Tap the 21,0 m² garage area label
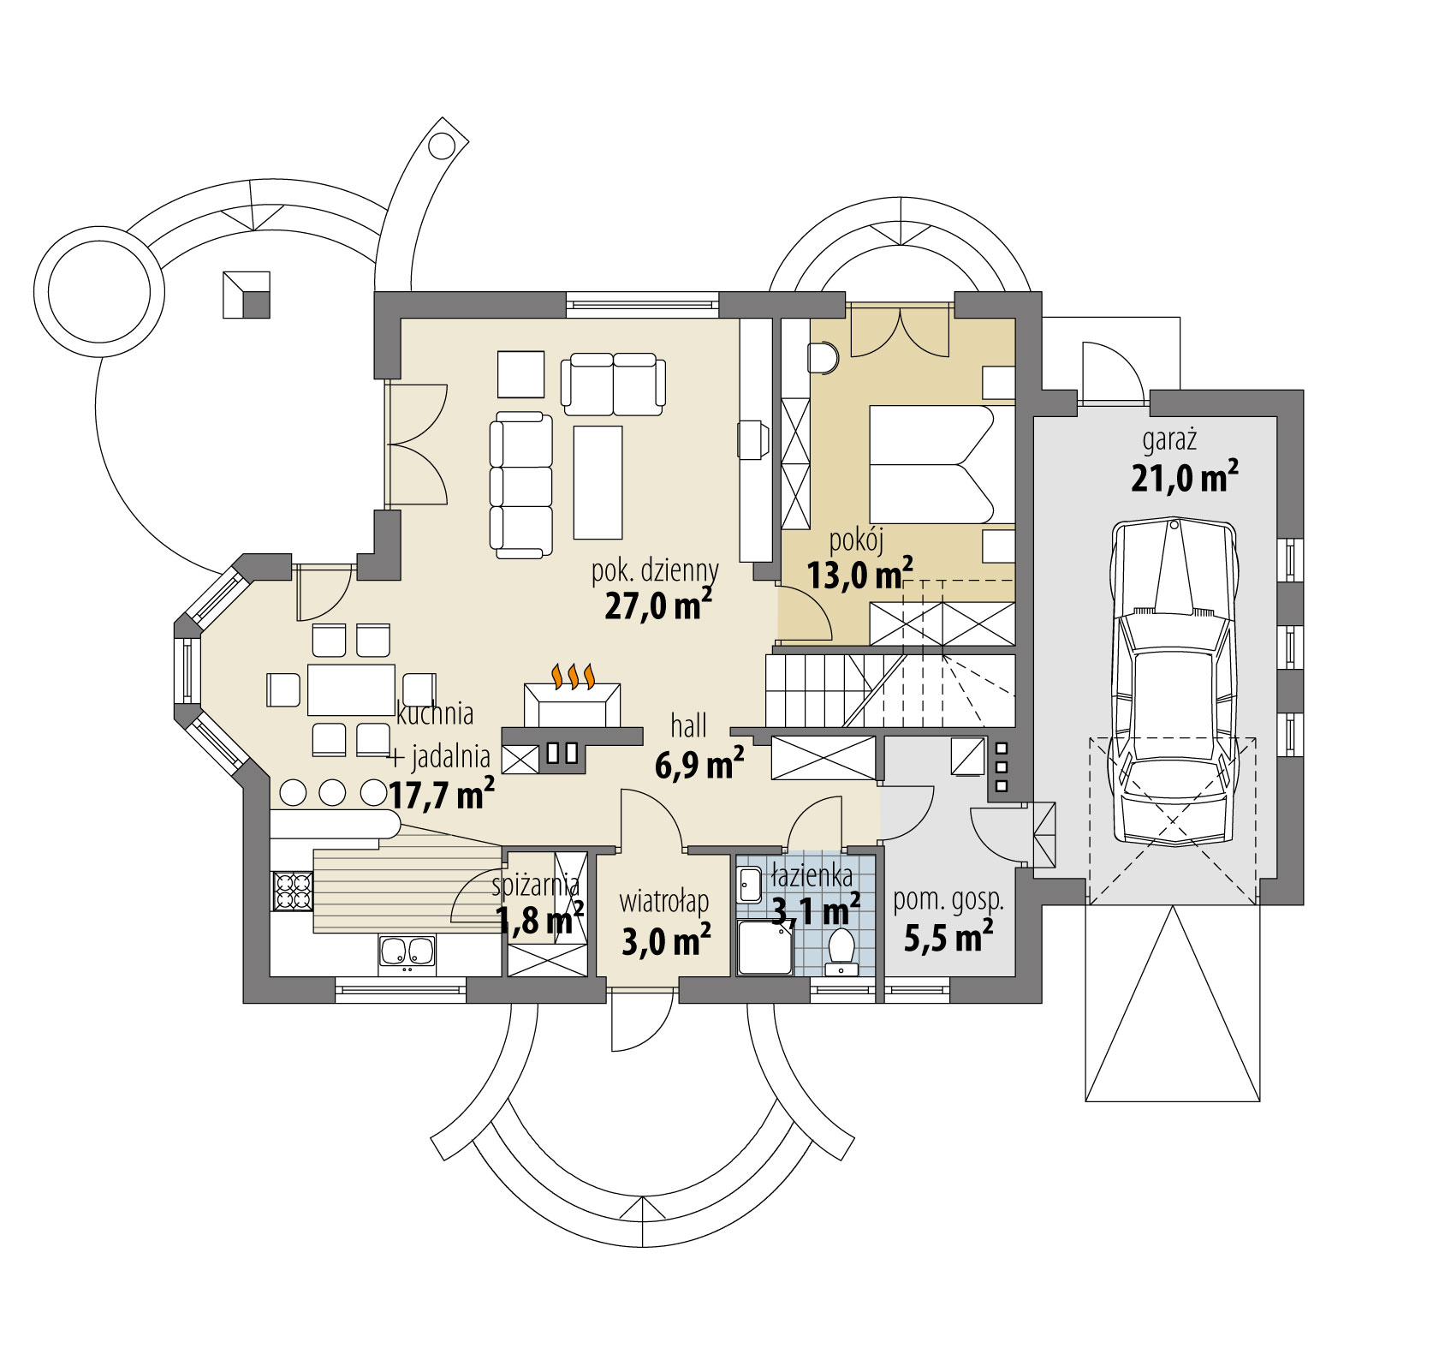[1185, 478]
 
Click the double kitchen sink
[407, 955]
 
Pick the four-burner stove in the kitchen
[291, 891]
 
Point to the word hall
[689, 726]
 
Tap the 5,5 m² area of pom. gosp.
[948, 938]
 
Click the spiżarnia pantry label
[537, 885]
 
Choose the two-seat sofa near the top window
[613, 382]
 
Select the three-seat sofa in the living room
[520, 486]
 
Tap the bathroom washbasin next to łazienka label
[749, 885]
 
